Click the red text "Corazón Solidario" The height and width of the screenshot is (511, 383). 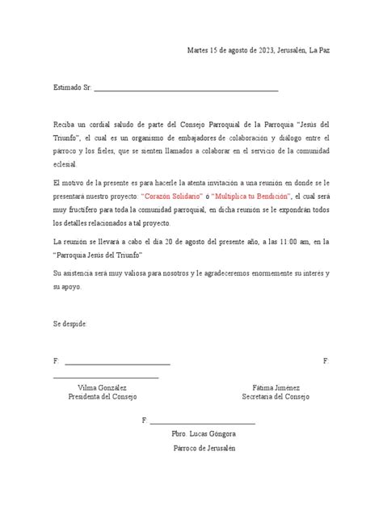[175, 196]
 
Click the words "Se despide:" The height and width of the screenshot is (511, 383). [69, 323]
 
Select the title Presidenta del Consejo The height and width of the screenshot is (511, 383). [103, 397]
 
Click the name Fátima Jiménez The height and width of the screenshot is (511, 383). [275, 387]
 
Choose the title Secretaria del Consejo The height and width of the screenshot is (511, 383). [276, 397]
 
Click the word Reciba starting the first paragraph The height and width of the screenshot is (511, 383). [65, 127]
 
